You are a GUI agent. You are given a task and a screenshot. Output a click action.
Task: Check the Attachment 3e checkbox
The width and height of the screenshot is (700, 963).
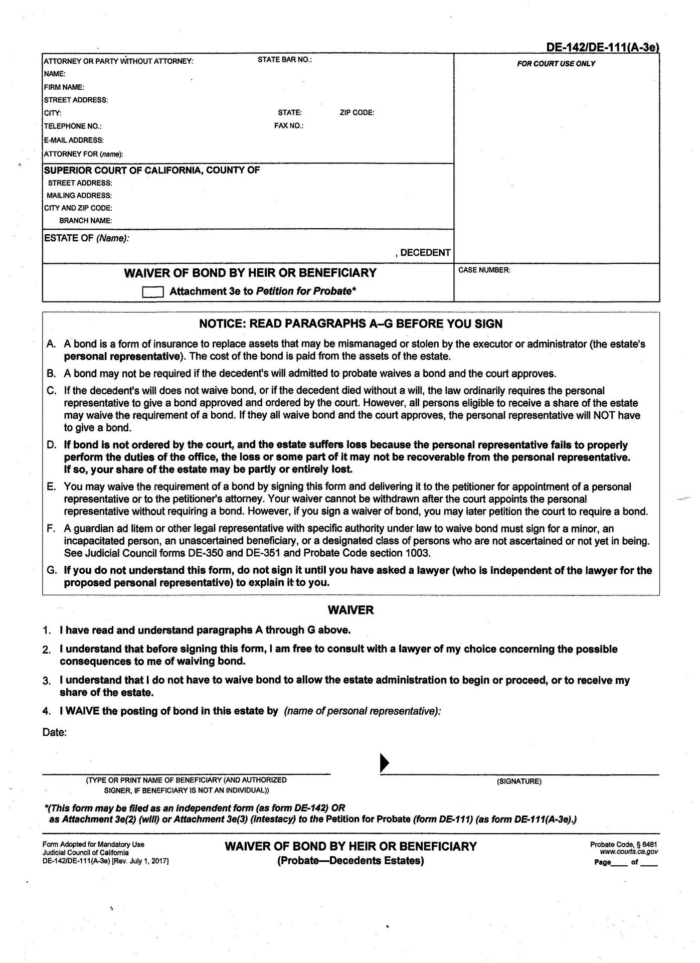coord(152,292)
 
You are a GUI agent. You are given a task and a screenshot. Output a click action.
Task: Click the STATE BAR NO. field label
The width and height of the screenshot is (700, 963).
coord(284,60)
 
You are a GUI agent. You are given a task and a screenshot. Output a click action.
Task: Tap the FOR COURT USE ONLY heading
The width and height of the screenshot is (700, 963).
coord(556,64)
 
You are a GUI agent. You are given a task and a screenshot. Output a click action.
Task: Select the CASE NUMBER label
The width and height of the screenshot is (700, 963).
coord(484,270)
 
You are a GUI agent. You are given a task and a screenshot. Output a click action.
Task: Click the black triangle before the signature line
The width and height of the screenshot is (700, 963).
coord(385,762)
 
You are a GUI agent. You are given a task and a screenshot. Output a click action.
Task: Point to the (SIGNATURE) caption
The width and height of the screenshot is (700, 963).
coord(519,781)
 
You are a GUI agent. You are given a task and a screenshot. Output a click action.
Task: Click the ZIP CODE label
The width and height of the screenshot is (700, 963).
coord(357,113)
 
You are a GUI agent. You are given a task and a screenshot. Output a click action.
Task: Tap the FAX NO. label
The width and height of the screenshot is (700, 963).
coord(288,125)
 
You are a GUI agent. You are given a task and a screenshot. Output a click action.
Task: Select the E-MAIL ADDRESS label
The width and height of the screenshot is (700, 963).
coord(74,140)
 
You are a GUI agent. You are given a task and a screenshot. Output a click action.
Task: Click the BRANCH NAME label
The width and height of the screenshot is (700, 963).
coord(85,221)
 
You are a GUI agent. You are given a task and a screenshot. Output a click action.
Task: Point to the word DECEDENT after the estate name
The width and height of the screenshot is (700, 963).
coord(425,253)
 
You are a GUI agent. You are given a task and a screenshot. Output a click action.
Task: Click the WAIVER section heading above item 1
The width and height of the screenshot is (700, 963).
coord(351,610)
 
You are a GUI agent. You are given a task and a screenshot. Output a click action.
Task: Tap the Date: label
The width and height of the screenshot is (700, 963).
coord(55,732)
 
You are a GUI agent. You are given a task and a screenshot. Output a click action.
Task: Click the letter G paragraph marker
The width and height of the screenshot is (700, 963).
coord(51,570)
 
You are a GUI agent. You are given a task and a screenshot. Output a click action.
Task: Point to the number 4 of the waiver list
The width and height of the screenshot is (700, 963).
coord(47,711)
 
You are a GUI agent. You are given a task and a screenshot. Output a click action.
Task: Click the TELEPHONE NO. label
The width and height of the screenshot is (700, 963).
coord(73,126)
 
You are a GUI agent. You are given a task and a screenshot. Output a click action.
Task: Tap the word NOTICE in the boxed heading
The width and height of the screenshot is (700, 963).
coord(221,324)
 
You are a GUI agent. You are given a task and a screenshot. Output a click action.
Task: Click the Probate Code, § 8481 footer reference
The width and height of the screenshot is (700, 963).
coord(624,845)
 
